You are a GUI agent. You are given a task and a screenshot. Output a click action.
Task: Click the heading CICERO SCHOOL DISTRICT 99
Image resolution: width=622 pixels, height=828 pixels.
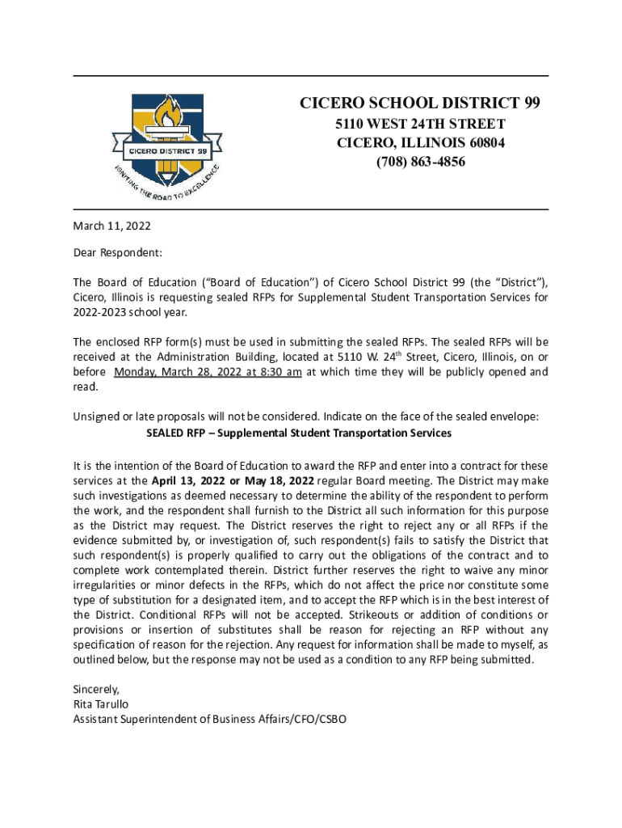[x=420, y=103]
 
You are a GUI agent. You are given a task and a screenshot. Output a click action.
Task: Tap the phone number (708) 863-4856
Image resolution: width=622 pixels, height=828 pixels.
[x=420, y=162]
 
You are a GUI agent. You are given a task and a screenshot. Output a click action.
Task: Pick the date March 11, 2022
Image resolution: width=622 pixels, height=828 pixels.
[x=112, y=226]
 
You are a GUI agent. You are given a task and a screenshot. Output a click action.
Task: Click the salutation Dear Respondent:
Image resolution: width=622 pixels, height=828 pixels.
[x=118, y=253]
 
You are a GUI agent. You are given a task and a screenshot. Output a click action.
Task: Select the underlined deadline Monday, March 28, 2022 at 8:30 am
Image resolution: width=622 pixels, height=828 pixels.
[x=208, y=372]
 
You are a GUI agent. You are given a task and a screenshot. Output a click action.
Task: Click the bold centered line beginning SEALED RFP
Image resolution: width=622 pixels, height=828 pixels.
[x=298, y=433]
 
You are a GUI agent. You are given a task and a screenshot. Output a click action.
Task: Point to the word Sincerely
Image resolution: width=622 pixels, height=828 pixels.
[x=96, y=690]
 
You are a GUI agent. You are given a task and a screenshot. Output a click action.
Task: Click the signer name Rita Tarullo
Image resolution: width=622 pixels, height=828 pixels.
[x=101, y=703]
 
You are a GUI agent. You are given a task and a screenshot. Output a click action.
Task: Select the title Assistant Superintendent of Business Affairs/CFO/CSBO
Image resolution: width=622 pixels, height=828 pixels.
[x=210, y=718]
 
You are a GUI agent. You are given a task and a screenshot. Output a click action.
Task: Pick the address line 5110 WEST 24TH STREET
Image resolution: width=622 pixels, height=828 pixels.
[x=420, y=124]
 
